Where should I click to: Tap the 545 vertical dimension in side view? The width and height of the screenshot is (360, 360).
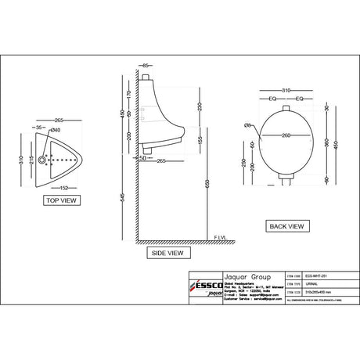(123, 197)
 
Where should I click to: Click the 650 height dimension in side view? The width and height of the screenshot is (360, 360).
(207, 185)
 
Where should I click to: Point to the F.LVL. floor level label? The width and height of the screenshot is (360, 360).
(221, 237)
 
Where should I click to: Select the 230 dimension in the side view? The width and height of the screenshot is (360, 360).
(200, 106)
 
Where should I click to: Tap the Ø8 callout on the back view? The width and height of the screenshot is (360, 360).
(247, 124)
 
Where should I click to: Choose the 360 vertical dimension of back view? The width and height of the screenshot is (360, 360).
(326, 141)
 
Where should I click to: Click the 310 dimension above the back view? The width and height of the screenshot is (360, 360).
(286, 92)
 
